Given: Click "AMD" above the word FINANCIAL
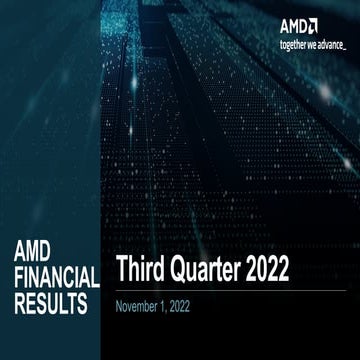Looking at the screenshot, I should [x=39, y=253].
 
